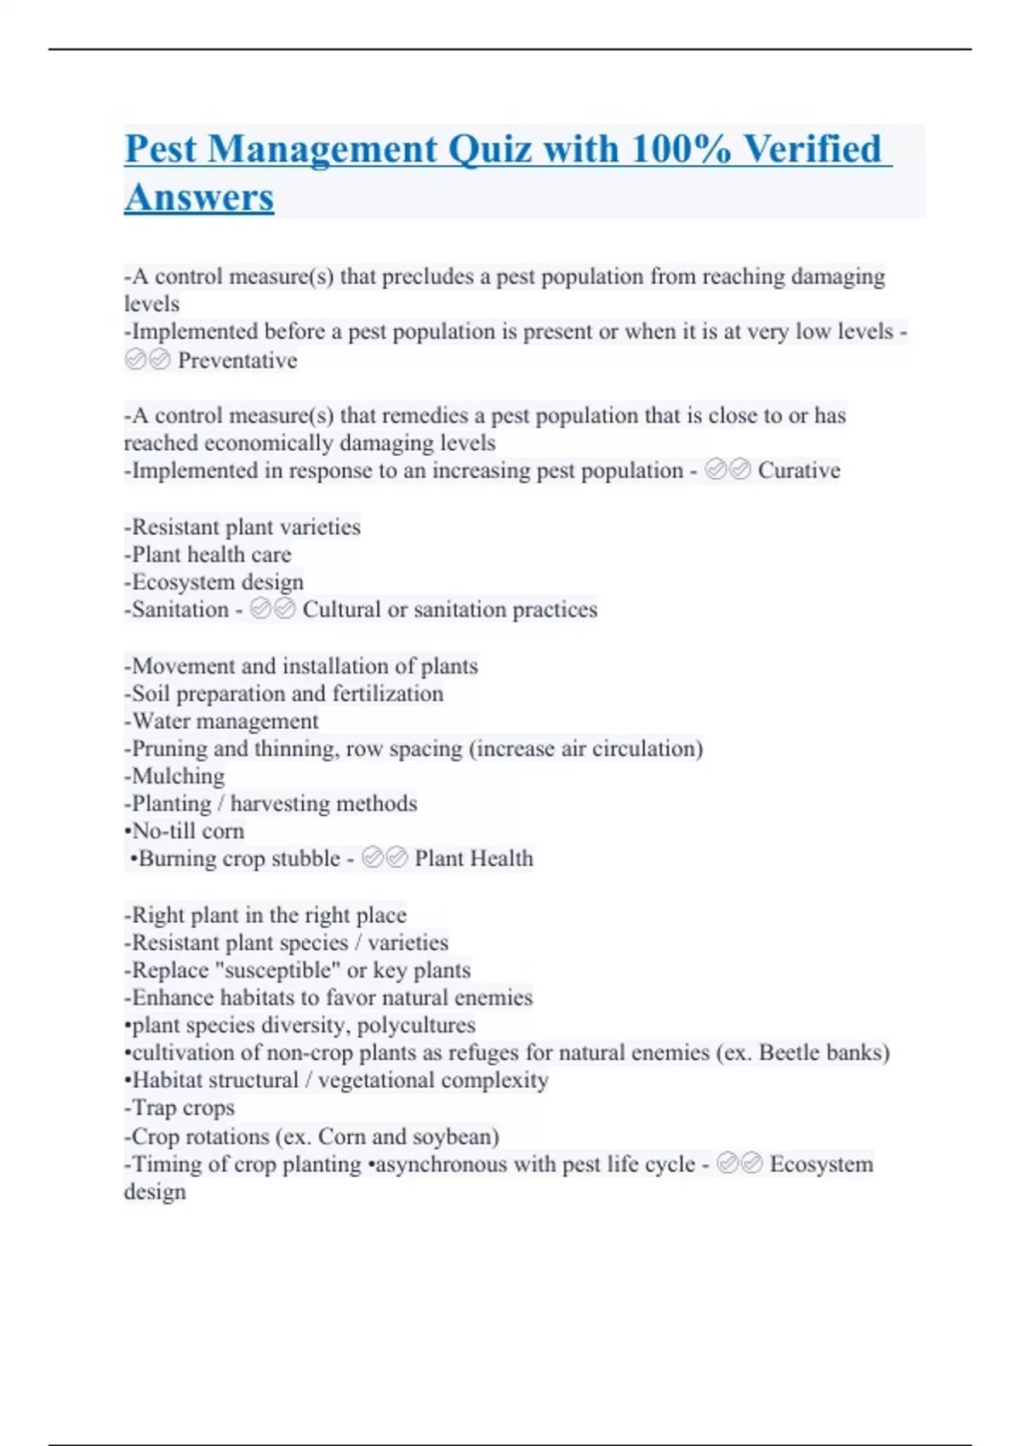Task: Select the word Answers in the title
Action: click(x=199, y=197)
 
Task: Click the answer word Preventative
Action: click(x=237, y=361)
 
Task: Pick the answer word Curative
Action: click(x=799, y=470)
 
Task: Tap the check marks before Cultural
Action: click(x=273, y=609)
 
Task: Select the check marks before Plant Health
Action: click(x=385, y=858)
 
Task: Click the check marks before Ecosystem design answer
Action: click(x=739, y=1164)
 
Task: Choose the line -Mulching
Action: click(x=174, y=776)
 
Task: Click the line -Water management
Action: click(x=221, y=721)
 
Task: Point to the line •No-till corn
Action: click(x=184, y=831)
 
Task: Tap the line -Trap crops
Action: click(x=180, y=1107)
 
